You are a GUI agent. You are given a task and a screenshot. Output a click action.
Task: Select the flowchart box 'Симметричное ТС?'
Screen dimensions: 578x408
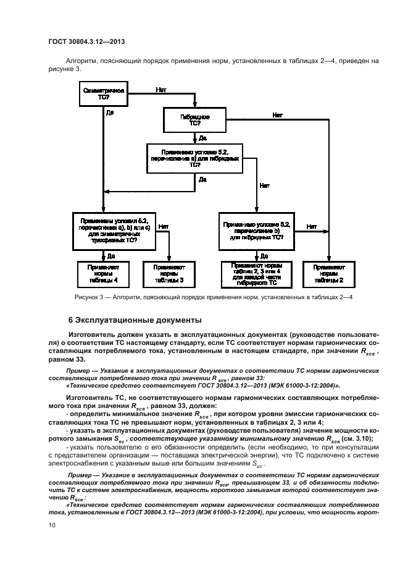(103, 94)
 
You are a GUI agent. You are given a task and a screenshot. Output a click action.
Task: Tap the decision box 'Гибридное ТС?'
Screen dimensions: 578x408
(195, 119)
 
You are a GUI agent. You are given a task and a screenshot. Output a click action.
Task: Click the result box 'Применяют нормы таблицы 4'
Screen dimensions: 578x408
(103, 274)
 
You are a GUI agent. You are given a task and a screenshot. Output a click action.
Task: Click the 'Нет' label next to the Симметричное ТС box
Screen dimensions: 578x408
(160, 90)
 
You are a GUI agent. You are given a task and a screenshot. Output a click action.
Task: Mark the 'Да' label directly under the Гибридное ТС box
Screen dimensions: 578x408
(202, 138)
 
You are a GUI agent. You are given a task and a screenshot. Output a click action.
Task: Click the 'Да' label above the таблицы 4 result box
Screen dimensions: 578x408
(110, 255)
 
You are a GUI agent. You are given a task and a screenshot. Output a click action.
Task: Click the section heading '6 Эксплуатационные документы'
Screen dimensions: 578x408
(134, 321)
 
